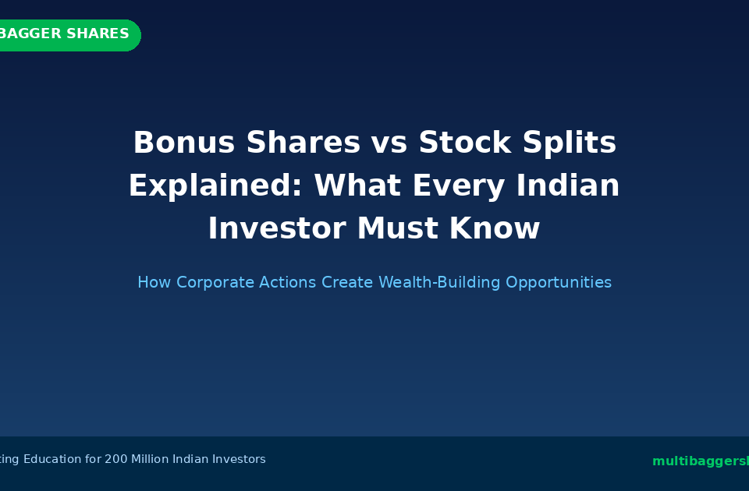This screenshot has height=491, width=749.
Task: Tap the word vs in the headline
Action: [x=389, y=143]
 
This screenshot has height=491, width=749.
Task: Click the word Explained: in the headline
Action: [x=215, y=186]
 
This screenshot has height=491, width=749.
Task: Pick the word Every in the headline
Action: [x=446, y=186]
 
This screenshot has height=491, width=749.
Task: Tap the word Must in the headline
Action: [x=399, y=229]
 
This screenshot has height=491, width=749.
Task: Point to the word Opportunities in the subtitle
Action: [x=559, y=282]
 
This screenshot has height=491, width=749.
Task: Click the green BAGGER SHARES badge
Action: [x=66, y=35]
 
